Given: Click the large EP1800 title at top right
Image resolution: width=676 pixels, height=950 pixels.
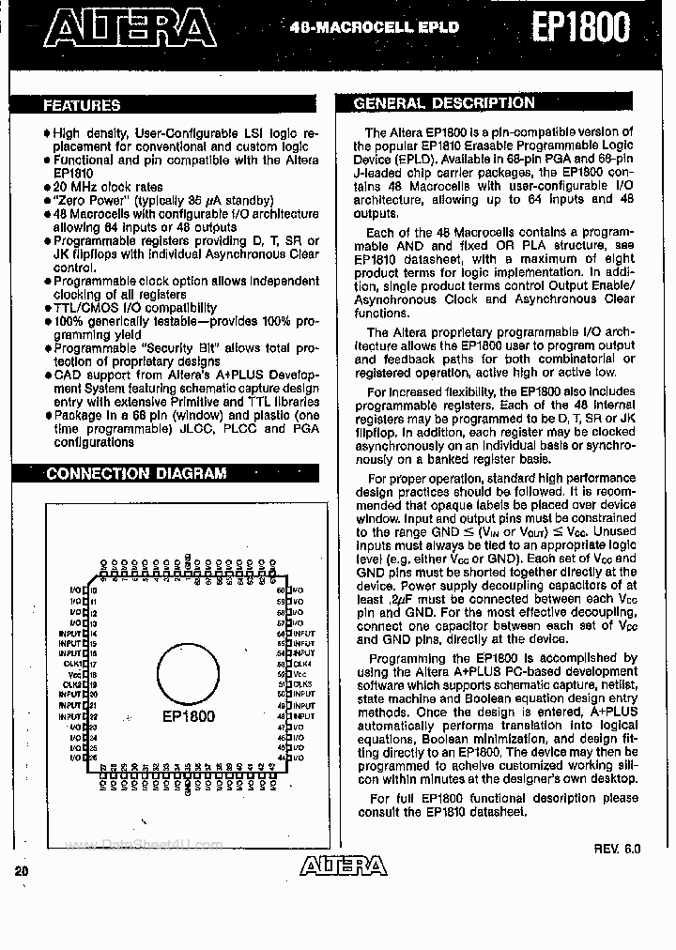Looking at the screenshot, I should pos(582,27).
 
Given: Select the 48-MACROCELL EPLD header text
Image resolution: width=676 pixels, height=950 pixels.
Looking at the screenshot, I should pos(375,27).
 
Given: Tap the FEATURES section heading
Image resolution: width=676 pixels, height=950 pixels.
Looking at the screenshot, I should pos(82,106).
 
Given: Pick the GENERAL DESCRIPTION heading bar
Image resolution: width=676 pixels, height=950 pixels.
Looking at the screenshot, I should pos(444,103).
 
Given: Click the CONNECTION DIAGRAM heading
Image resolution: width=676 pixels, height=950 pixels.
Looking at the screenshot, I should pos(136,473).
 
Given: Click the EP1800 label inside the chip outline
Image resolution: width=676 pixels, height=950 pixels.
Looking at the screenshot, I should pos(188,716).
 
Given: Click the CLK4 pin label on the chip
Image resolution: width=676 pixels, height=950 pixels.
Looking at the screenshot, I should pos(300,664).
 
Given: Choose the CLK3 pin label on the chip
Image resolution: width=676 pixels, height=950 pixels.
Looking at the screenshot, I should pos(300,684).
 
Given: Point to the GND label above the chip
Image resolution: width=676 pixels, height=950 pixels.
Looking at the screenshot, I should pos(189,561).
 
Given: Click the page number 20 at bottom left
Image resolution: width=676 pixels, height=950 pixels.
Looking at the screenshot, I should pos(22,870).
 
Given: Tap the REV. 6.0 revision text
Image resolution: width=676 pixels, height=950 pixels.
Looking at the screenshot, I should pos(617,848).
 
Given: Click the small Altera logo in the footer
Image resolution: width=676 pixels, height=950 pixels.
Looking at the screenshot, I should pos(343,866).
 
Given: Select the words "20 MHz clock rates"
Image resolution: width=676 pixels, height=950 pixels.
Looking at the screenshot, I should pos(108,187).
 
